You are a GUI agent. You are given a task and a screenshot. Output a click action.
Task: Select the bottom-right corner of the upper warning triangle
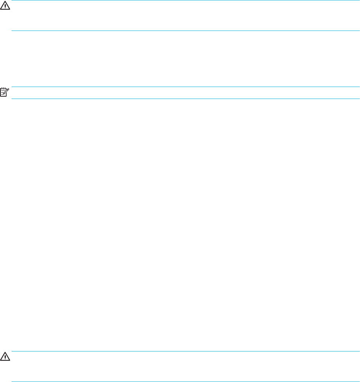pos(10,10)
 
